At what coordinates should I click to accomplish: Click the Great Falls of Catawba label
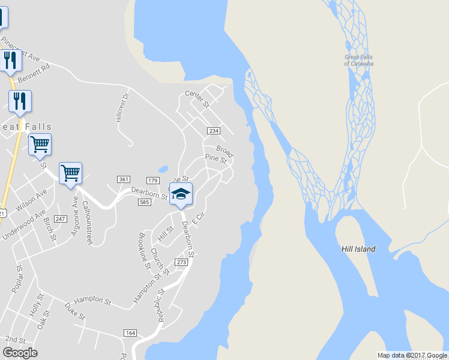pyautogui.click(x=359, y=60)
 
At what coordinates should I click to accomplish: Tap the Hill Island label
pyautogui.click(x=358, y=249)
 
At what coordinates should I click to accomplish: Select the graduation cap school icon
pyautogui.click(x=181, y=194)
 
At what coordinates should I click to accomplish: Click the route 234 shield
pyautogui.click(x=213, y=131)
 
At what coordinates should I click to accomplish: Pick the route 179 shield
pyautogui.click(x=152, y=181)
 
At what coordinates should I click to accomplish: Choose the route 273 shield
pyautogui.click(x=182, y=262)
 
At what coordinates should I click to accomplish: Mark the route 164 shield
pyautogui.click(x=130, y=332)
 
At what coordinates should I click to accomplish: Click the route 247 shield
pyautogui.click(x=60, y=219)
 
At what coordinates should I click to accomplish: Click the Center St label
pyautogui.click(x=196, y=99)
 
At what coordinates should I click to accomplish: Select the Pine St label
pyautogui.click(x=215, y=159)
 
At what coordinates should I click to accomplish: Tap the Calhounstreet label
pyautogui.click(x=87, y=222)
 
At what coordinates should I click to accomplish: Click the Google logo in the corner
pyautogui.click(x=20, y=353)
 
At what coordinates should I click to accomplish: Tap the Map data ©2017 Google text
pyautogui.click(x=412, y=355)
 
